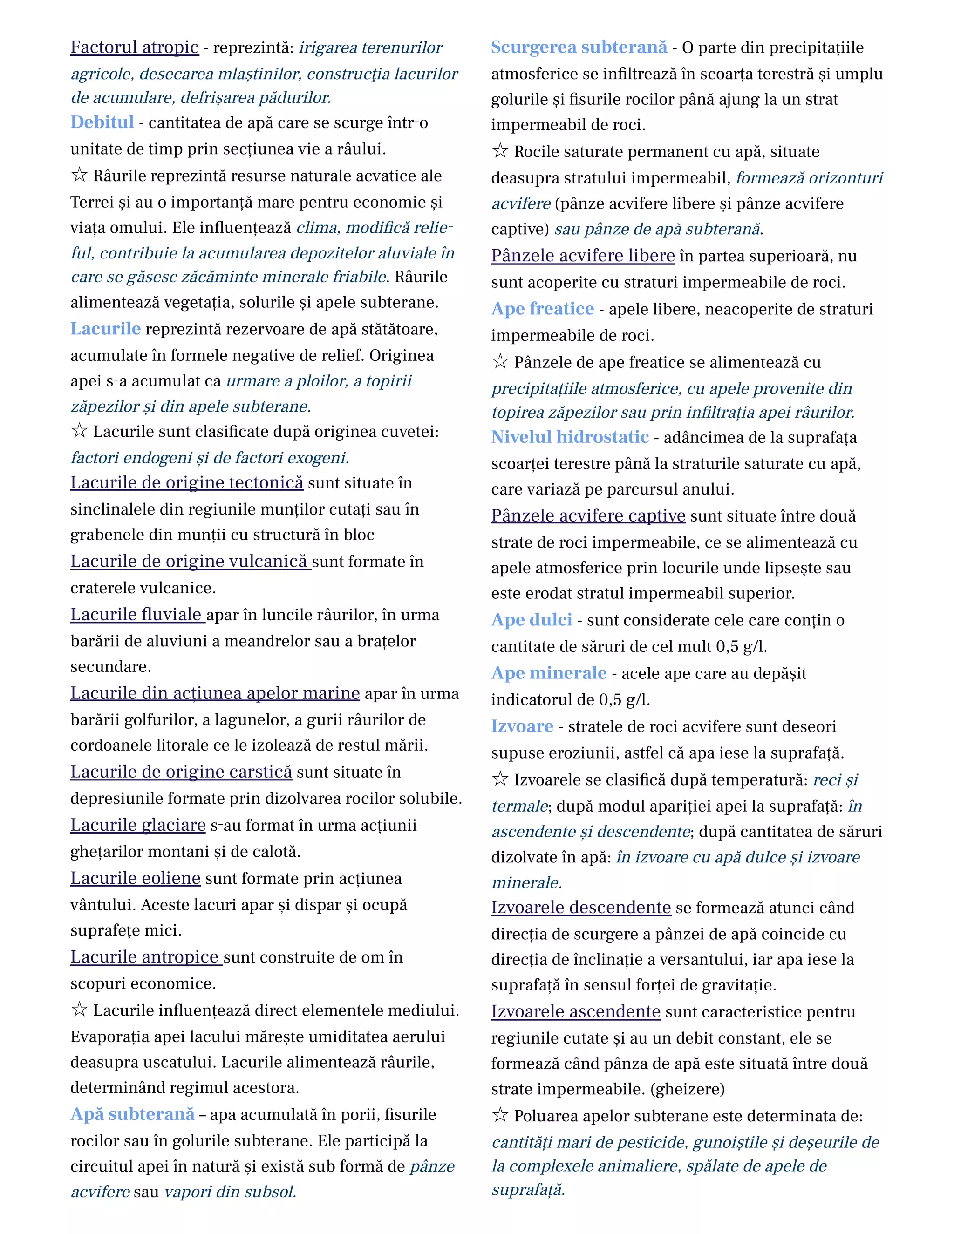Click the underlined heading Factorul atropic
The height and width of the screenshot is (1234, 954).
pos(135,47)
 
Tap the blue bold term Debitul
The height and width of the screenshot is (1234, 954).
pos(102,122)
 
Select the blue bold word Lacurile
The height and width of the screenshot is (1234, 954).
pos(105,329)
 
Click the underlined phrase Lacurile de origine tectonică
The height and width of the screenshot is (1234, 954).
pos(186,483)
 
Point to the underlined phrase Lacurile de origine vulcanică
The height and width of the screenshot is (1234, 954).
pos(190,562)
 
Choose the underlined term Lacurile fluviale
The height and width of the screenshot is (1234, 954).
pos(137,615)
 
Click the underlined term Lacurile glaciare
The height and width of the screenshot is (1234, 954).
pos(138,826)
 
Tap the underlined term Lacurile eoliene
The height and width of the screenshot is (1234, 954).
pos(135,879)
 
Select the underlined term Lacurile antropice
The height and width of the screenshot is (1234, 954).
pos(145,957)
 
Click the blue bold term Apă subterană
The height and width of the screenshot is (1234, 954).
pos(132,1115)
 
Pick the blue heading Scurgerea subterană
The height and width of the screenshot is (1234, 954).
pos(579,47)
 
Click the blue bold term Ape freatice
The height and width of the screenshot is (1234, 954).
pos(542,309)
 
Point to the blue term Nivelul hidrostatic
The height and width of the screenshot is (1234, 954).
pos(570,437)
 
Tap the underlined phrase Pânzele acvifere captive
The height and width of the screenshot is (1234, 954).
pos(588,516)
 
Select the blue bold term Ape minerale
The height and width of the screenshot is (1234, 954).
pos(548,673)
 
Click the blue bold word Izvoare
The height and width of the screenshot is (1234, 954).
pos(522,726)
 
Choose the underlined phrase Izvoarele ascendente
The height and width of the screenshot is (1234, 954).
pos(575,1012)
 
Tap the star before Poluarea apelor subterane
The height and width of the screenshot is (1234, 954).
pos(500,1115)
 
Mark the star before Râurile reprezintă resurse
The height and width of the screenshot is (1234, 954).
pos(79,175)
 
